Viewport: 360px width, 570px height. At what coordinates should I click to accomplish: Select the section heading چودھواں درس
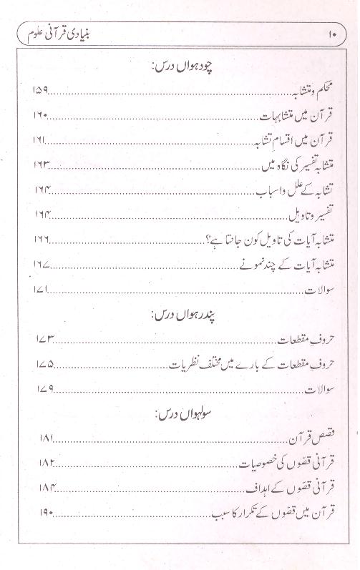[x=185, y=68]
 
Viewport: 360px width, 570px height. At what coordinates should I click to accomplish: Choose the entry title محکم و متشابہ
[x=296, y=92]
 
